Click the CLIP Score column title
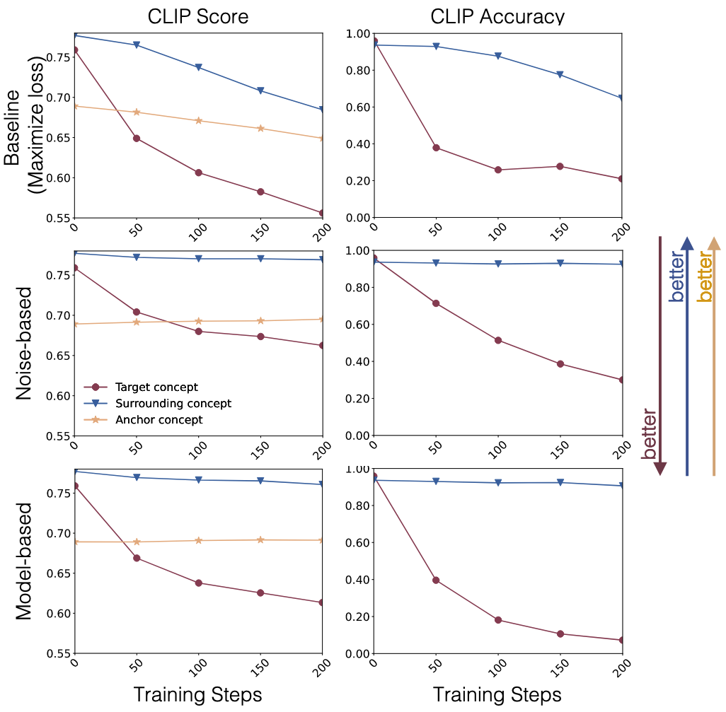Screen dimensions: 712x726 pos(198,16)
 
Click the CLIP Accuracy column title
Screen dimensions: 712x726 pos(497,16)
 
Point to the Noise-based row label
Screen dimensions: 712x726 pos(24,344)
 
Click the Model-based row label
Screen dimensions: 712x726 pos(24,561)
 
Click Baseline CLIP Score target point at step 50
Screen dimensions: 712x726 pos(137,138)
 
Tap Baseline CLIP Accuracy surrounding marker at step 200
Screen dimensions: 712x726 pos(622,98)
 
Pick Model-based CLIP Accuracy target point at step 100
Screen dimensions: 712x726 pos(498,620)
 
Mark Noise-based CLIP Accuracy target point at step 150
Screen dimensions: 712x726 pos(560,364)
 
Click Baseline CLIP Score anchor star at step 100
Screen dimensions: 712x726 pos(199,121)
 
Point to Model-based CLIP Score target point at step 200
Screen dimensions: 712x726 pos(323,602)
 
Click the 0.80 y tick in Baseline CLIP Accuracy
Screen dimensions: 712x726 pos(357,71)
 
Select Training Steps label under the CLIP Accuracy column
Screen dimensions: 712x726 pos(497,694)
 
